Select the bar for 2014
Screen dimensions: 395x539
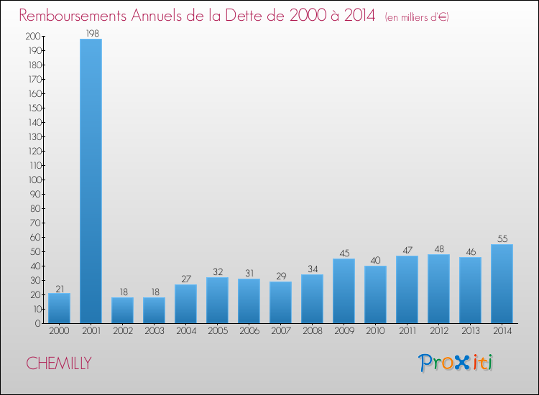coord(502,284)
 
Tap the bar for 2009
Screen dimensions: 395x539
coord(344,291)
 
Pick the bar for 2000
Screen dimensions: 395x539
coord(59,308)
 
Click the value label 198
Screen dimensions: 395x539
coord(91,32)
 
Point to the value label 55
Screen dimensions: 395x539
coord(502,238)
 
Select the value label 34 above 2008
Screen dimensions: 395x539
coord(312,269)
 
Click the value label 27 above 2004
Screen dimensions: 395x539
coord(185,279)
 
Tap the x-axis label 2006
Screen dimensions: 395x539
coord(249,330)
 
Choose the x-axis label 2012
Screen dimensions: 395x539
coord(438,330)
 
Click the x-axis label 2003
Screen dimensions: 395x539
coord(154,330)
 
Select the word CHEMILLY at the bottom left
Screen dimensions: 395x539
coord(59,363)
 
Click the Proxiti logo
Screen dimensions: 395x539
coord(456,363)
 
